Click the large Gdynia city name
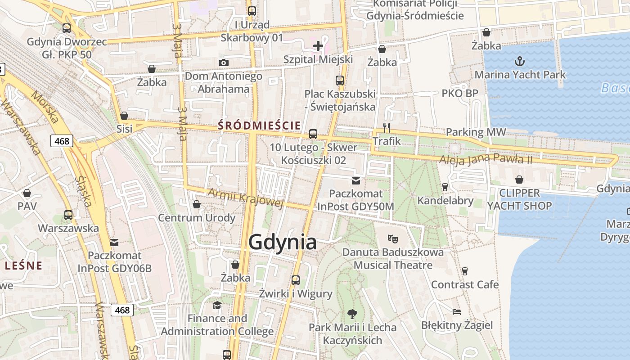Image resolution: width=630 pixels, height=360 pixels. click(x=282, y=242)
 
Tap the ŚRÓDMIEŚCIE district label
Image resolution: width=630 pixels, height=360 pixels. click(x=259, y=126)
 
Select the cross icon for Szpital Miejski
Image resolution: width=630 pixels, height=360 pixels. click(x=318, y=45)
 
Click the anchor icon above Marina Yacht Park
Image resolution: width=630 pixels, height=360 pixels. click(x=520, y=61)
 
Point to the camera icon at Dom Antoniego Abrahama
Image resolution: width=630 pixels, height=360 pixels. click(x=224, y=63)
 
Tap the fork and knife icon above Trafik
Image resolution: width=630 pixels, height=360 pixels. click(x=386, y=127)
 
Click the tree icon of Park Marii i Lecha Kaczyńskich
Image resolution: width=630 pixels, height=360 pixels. click(x=352, y=314)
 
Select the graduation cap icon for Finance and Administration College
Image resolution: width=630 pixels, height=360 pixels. click(x=217, y=305)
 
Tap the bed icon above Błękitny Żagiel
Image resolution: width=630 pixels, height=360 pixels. click(x=457, y=311)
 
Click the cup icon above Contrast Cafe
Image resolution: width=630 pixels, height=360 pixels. click(x=465, y=271)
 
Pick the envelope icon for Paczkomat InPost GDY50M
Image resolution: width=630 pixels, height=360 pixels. click(x=356, y=181)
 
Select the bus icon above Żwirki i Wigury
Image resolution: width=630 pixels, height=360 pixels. click(x=296, y=280)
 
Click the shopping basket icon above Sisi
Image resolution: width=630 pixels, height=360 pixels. click(x=124, y=116)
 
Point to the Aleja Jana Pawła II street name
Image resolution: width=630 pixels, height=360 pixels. click(x=486, y=159)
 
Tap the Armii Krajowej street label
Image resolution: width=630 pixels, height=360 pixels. click(x=246, y=198)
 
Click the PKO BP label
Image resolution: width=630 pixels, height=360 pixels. click(x=460, y=94)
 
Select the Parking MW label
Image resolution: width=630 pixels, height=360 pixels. click(x=476, y=132)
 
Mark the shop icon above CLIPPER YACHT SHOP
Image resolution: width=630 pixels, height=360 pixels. click(x=519, y=180)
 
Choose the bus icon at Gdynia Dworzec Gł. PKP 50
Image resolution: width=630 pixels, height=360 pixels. click(x=67, y=28)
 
